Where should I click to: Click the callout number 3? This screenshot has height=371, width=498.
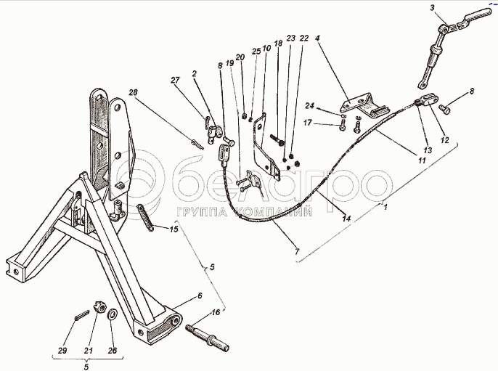coord(432,7)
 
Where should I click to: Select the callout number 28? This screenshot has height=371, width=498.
coord(133,91)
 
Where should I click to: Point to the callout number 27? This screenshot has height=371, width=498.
coord(174,81)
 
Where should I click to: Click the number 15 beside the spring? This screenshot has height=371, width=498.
coord(173,229)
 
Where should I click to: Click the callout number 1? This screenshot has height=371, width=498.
coord(385,207)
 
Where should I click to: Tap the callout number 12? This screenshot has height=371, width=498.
coord(444,139)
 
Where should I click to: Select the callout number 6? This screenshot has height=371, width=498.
coord(198,295)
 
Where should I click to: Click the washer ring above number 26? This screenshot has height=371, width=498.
coord(114,314)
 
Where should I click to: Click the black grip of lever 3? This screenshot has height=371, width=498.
coord(478,15)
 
